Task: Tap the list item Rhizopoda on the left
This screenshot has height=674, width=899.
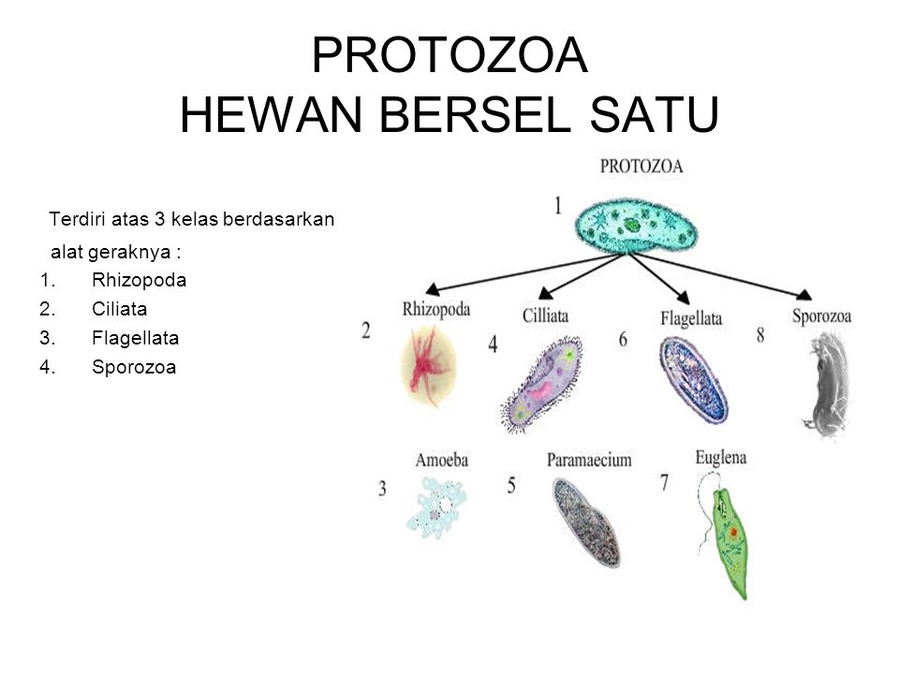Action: [x=140, y=280]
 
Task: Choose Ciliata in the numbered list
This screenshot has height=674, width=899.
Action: [x=119, y=310]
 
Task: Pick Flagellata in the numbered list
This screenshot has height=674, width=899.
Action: [x=135, y=339]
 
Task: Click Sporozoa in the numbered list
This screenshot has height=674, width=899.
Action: [x=134, y=367]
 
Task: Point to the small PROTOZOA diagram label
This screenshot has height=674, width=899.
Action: [x=641, y=167]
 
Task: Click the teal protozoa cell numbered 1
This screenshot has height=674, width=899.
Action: [x=637, y=226]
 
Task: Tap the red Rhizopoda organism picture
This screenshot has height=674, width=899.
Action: [x=429, y=366]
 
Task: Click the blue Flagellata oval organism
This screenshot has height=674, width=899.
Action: [x=693, y=379]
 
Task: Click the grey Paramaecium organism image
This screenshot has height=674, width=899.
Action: [x=587, y=522]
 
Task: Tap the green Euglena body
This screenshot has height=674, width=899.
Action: [x=730, y=542]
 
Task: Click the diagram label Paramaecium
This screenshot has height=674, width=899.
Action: [x=589, y=461]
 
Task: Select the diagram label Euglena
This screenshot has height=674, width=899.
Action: [x=721, y=459]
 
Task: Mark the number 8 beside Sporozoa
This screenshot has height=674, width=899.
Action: [x=760, y=335]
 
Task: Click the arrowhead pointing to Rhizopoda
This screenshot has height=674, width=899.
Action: [x=433, y=288]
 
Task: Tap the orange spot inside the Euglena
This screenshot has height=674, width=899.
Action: [x=733, y=533]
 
